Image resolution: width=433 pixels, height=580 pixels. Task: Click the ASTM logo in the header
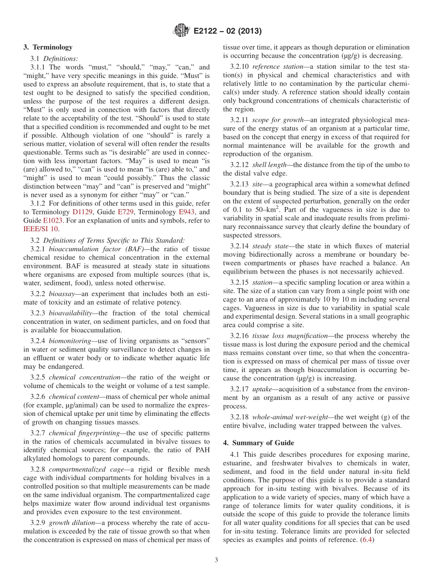[181, 31]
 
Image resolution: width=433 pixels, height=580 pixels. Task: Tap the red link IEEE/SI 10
[41, 229]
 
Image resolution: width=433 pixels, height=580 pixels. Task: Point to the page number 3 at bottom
[216, 560]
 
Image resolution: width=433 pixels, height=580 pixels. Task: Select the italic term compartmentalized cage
[80, 469]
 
